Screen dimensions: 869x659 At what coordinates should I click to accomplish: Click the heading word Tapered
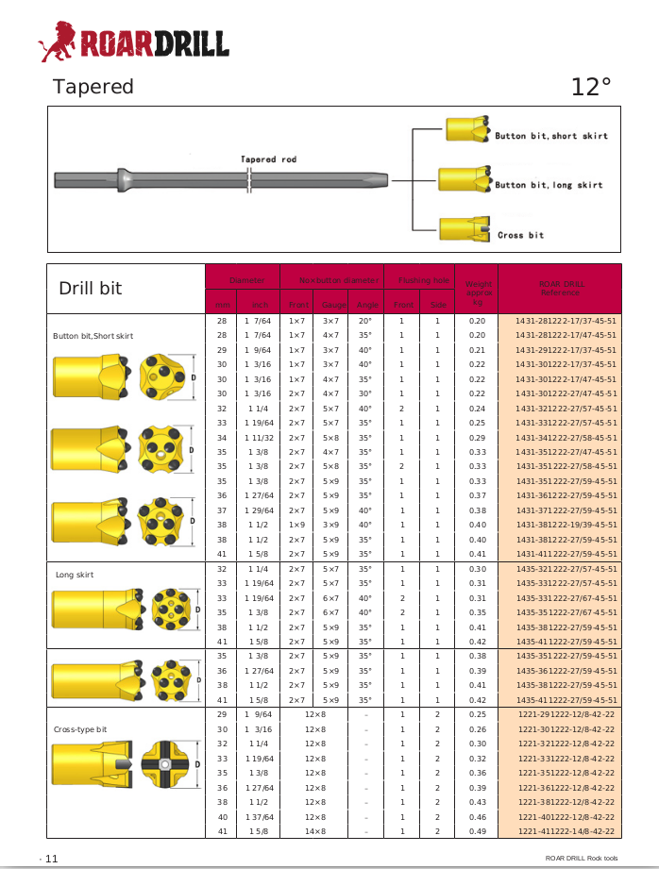pos(93,87)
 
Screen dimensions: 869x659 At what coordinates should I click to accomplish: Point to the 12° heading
pos(591,88)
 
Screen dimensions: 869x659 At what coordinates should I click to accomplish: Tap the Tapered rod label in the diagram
pos(268,159)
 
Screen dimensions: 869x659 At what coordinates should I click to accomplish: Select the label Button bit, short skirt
pos(551,136)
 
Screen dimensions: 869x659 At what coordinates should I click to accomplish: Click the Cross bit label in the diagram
pos(521,235)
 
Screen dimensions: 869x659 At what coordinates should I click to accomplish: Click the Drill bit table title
pos(91,288)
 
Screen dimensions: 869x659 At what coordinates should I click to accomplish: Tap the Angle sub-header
pos(365,305)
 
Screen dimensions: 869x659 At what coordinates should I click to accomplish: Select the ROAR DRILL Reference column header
pos(561,288)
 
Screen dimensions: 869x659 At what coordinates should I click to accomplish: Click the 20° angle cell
pos(365,321)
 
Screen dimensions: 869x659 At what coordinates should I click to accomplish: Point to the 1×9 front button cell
pos(296,525)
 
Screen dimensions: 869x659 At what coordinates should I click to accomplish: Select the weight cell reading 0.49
pos(477,831)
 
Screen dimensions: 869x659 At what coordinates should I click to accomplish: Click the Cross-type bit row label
pos(80,729)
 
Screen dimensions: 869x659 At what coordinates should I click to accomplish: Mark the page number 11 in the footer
pos(51,858)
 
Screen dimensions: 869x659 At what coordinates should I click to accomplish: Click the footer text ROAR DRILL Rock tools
pos(582,858)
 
